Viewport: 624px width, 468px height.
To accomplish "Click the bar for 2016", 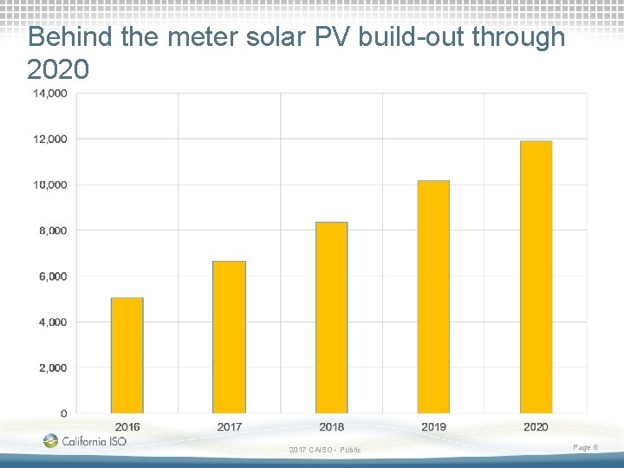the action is coord(127,355).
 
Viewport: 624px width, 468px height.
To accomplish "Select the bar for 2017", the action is coord(229,337).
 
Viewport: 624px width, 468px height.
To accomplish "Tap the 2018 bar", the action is coord(331,317).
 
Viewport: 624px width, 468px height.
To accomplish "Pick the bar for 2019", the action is coord(433,297).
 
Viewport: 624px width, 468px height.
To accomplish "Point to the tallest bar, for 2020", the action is coord(536,277).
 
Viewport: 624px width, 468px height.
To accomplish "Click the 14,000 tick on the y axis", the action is coord(49,94).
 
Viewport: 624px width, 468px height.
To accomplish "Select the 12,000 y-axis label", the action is coord(49,140).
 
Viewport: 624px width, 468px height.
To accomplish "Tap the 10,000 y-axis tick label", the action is coord(49,185).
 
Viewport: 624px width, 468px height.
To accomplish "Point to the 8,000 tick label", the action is coord(53,231).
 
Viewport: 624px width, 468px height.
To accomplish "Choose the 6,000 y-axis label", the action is coord(53,276).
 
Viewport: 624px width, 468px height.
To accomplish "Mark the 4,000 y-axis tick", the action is coord(53,322).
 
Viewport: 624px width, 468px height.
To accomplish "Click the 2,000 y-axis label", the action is coord(53,367).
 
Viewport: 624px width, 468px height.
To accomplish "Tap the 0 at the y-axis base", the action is coord(63,413).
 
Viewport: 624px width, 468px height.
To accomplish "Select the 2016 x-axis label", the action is coord(127,427).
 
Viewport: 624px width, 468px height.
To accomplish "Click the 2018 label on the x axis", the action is coord(331,427).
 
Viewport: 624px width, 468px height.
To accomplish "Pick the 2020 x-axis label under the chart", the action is coord(536,427).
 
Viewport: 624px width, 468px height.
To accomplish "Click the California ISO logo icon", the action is coord(50,440).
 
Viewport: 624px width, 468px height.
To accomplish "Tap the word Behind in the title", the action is coord(70,36).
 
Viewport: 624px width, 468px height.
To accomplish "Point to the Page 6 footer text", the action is coord(585,448).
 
